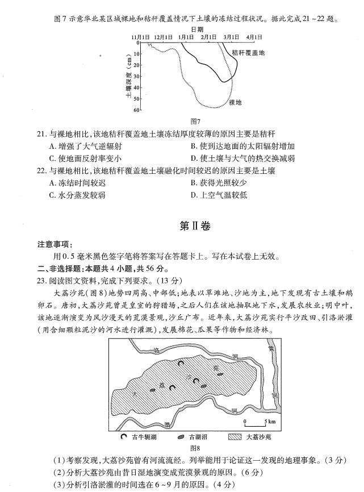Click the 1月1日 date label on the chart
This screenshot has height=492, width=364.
(x=185, y=37)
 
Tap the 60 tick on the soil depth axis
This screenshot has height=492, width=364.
(x=136, y=110)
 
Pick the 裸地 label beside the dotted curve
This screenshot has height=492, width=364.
(x=235, y=102)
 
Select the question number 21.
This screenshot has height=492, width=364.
(x=40, y=134)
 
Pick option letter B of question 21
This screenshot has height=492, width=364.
(x=194, y=146)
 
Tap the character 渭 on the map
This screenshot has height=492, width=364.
(x=166, y=424)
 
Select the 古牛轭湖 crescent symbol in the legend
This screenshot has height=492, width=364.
(x=124, y=438)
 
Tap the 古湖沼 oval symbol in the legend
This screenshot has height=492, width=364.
(x=180, y=438)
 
